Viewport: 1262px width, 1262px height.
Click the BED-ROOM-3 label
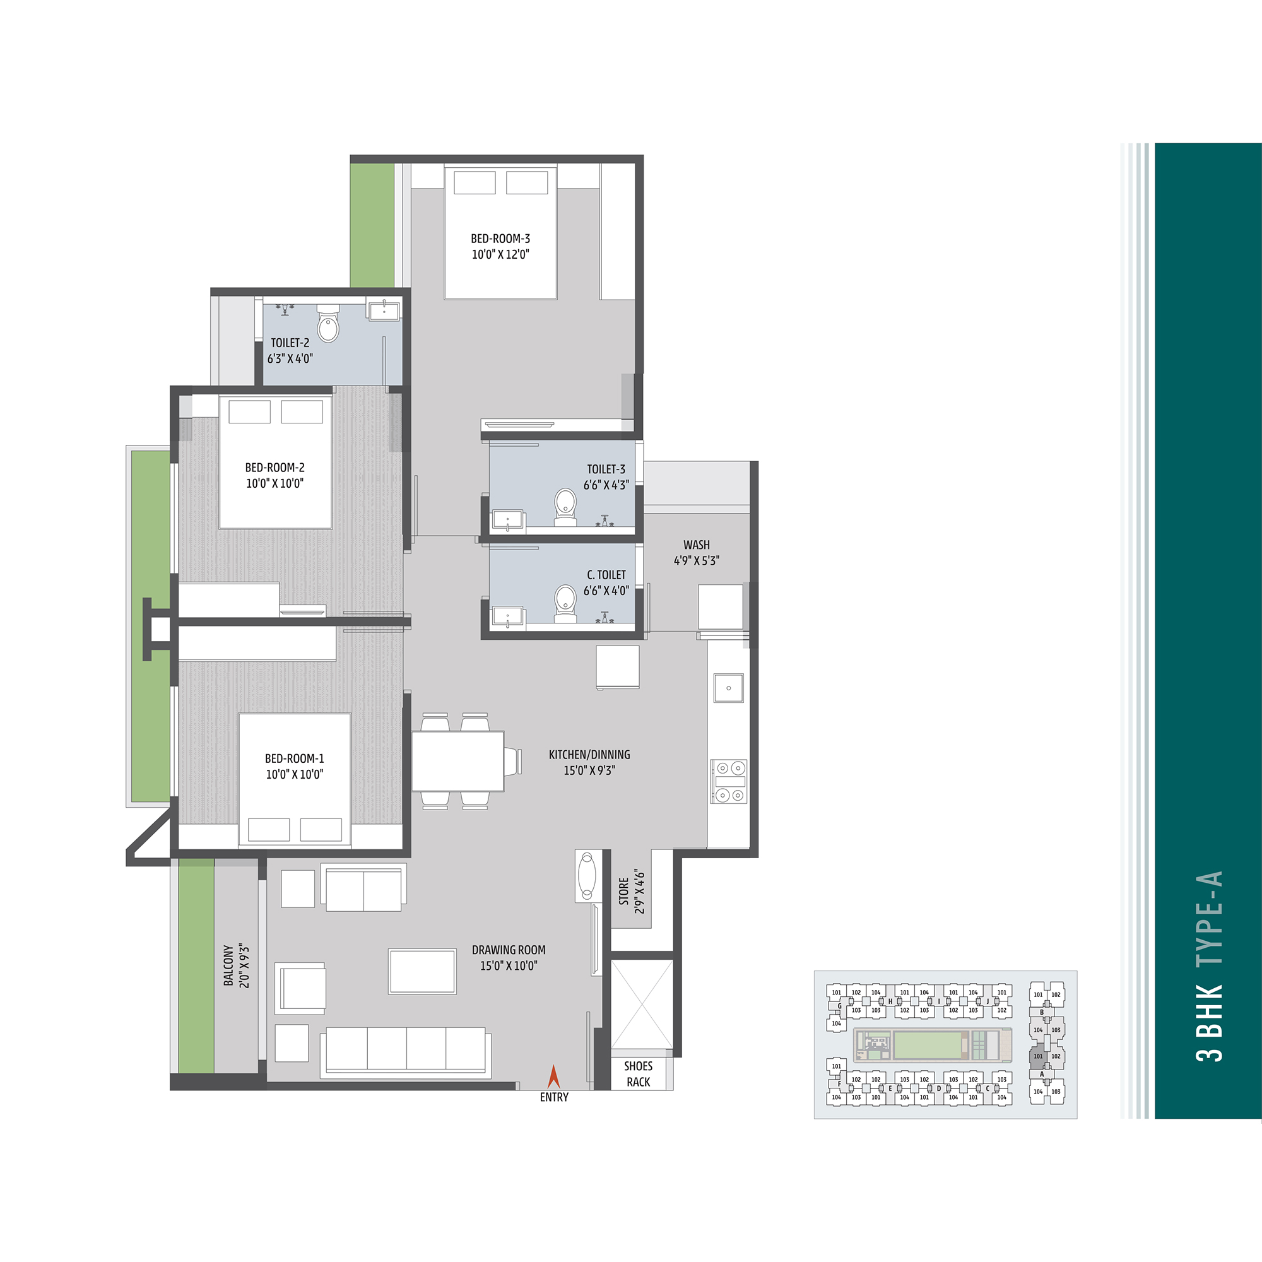(500, 239)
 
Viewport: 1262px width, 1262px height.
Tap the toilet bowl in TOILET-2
(328, 323)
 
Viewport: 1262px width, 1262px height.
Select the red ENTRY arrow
(554, 1076)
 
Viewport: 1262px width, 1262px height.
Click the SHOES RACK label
(638, 1074)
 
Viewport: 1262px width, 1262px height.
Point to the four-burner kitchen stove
(729, 781)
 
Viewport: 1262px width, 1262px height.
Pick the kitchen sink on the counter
(728, 688)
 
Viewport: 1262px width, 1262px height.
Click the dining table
(458, 761)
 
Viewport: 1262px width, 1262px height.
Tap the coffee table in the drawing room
(422, 971)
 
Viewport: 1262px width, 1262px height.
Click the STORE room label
(624, 892)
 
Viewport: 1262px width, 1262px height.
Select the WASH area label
(697, 545)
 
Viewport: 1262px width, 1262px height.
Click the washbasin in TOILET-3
(507, 520)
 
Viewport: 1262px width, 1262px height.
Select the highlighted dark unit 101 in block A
(1038, 1056)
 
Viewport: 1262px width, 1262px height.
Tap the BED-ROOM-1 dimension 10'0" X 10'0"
(294, 775)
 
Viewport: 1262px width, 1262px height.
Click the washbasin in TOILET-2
(384, 310)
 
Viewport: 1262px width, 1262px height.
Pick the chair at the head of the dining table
(514, 762)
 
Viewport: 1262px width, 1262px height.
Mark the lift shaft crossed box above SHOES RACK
(642, 1003)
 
